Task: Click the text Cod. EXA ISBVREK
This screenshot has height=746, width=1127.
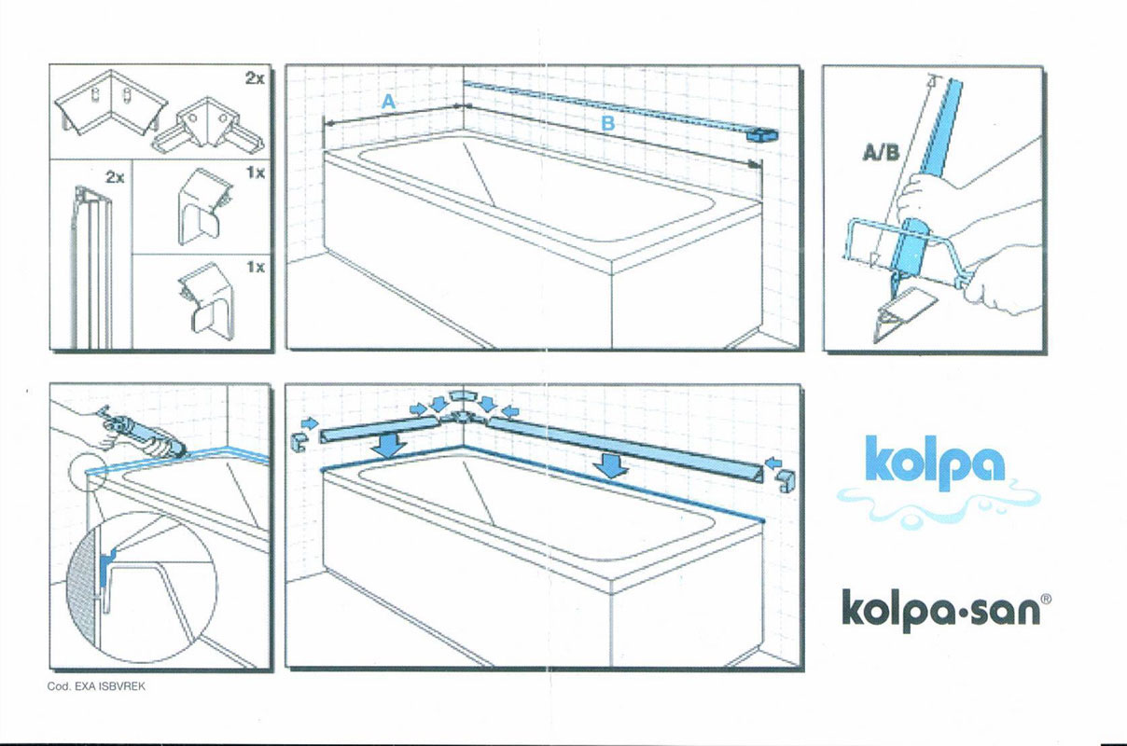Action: pyautogui.click(x=97, y=687)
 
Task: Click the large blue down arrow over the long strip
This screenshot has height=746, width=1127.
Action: pyautogui.click(x=611, y=464)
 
